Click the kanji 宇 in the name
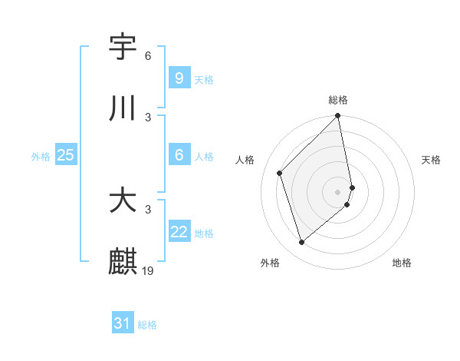click(x=123, y=47)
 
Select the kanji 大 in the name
click(x=123, y=200)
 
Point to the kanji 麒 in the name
click(x=123, y=262)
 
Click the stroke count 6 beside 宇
click(x=148, y=55)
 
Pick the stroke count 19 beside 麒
click(x=149, y=270)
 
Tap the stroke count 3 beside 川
click(x=148, y=117)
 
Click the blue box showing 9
click(x=179, y=78)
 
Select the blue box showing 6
click(x=179, y=155)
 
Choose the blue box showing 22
click(x=179, y=232)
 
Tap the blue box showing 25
click(x=65, y=155)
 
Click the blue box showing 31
click(x=122, y=324)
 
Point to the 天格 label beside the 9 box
click(x=204, y=79)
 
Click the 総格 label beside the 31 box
click(x=147, y=325)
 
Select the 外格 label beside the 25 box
click(x=41, y=156)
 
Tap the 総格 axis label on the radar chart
click(x=338, y=100)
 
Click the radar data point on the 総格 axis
click(x=338, y=117)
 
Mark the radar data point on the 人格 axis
click(x=280, y=173)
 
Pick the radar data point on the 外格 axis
click(x=302, y=243)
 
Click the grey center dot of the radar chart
click(x=338, y=192)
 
